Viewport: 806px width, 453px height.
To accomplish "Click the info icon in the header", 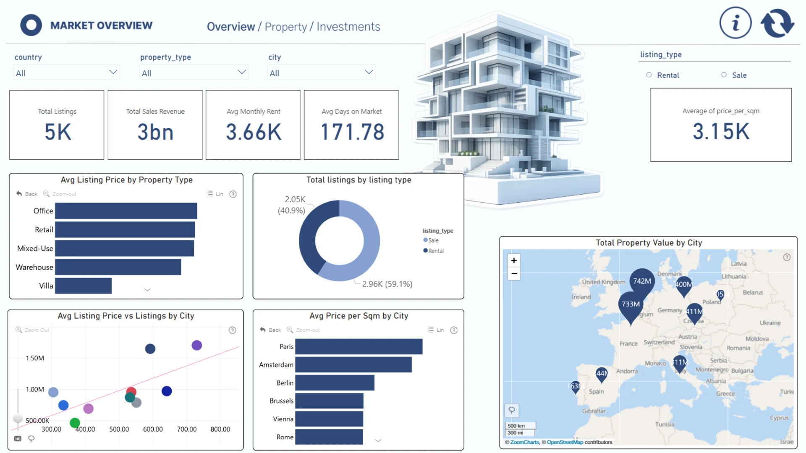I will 735,23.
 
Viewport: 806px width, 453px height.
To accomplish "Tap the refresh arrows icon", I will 777,23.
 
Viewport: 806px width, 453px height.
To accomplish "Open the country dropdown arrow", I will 113,72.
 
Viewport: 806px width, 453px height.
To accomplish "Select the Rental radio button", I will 649,75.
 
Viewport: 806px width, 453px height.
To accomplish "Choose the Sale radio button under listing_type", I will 724,75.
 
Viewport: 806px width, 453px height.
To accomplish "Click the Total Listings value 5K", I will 58,132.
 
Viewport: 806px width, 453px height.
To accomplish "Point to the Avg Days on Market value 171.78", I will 352,132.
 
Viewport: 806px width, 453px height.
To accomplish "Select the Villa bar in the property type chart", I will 83,286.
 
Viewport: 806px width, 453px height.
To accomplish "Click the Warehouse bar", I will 118,267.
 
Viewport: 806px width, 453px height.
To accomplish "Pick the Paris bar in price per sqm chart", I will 359,346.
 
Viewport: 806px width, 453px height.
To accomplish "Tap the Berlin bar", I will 335,383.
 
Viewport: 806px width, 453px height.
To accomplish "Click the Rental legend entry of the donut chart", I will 435,251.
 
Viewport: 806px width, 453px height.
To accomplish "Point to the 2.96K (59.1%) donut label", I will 387,284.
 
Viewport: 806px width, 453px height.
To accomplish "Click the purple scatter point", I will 196,345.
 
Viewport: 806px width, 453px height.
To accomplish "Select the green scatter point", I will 75,422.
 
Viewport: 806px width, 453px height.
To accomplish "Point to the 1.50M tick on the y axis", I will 35,358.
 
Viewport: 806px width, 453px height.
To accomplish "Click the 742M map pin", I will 642,281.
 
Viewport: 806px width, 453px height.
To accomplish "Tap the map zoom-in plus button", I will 514,260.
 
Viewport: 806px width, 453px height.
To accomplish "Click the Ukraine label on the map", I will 770,323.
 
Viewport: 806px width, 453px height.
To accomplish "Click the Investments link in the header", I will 348,27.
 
